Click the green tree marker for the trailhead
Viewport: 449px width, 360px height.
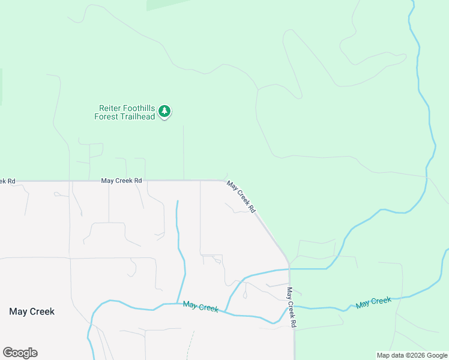[x=164, y=112]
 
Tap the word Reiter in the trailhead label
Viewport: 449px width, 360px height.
[x=110, y=109]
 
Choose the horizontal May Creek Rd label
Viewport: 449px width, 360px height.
[x=121, y=180]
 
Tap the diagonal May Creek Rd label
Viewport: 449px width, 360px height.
[x=241, y=197]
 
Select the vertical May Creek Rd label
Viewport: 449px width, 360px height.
[x=291, y=307]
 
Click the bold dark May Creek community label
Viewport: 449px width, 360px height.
[x=32, y=311]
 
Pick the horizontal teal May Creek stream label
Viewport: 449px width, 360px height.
[x=200, y=307]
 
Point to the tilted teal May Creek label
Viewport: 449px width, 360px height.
[x=373, y=302]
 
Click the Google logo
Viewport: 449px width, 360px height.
[x=20, y=353]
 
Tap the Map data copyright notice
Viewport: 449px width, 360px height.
[x=412, y=355]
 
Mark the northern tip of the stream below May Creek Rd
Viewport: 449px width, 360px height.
[x=177, y=202]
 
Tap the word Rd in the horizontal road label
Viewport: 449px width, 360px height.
[x=137, y=180]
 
